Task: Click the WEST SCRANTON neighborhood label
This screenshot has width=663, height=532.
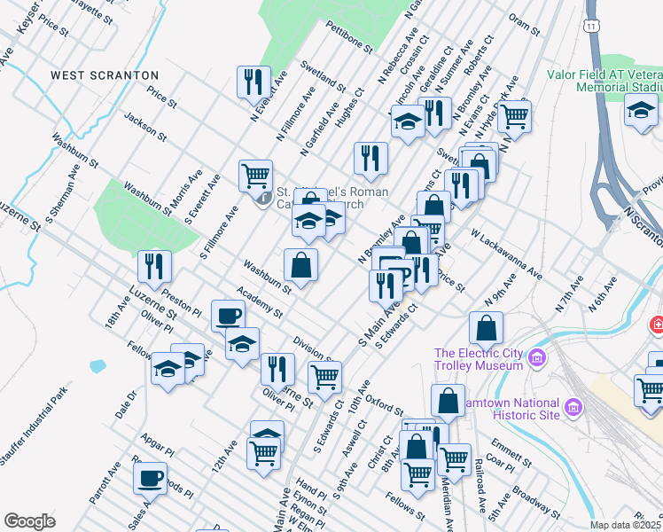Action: pos(105,75)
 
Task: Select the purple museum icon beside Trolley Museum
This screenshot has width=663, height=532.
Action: pos(535,358)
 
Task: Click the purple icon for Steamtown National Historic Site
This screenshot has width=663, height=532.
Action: pos(573,407)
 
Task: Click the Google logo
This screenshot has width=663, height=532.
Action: pos(29,521)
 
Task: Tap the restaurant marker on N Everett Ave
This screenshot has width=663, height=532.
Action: pos(254,82)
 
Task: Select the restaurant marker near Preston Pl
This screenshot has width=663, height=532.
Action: pos(154,265)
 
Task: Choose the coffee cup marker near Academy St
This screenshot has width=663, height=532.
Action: pos(229,315)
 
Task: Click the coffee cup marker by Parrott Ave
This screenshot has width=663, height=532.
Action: pos(150,477)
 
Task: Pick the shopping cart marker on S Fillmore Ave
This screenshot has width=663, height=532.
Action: pos(256,175)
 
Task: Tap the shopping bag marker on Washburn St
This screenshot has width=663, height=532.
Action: pos(301,263)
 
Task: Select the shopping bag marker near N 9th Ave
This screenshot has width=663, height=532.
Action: pos(487,328)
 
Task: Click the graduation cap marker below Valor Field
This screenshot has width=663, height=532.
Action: pos(640,110)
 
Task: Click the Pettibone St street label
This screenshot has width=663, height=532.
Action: pos(346,38)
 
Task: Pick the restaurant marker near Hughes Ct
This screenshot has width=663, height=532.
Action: pos(370,158)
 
